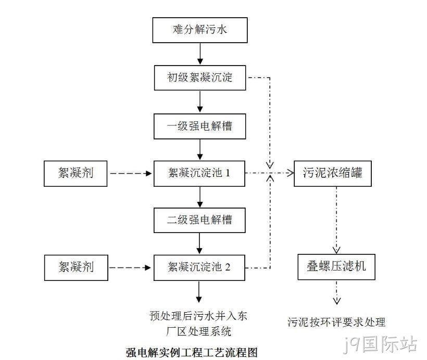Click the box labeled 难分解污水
200,30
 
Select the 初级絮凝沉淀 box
200,78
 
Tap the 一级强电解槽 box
199,126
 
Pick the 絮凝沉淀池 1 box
199,174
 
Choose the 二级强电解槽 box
199,220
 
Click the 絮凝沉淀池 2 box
199,268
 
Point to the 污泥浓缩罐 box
333,174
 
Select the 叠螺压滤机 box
336,267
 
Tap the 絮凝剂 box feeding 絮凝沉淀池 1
76,174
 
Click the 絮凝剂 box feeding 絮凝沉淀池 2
76,268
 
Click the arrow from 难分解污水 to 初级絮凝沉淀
200,54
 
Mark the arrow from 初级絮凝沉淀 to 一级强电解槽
200,102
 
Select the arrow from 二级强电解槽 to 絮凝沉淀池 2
199,243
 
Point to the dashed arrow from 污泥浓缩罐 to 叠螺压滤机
336,220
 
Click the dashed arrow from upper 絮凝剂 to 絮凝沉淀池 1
131,173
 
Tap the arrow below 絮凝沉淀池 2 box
199,292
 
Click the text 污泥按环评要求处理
336,322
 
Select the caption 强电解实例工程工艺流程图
192,352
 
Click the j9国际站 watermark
380,344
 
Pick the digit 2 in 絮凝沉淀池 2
228,267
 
